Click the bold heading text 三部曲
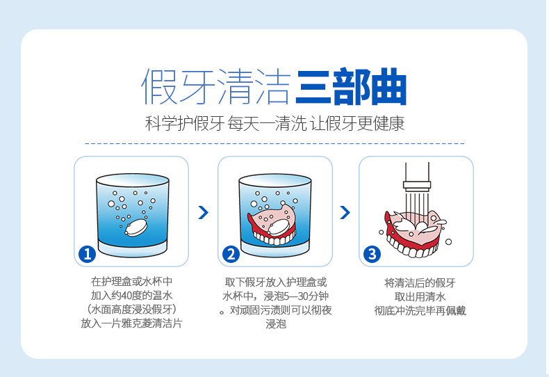[350, 87]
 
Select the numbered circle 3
[372, 254]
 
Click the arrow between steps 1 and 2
[203, 212]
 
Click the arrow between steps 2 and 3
[345, 212]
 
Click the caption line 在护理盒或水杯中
[131, 282]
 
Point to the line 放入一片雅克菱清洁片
[131, 324]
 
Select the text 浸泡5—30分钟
[292, 296]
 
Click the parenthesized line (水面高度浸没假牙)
[131, 310]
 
